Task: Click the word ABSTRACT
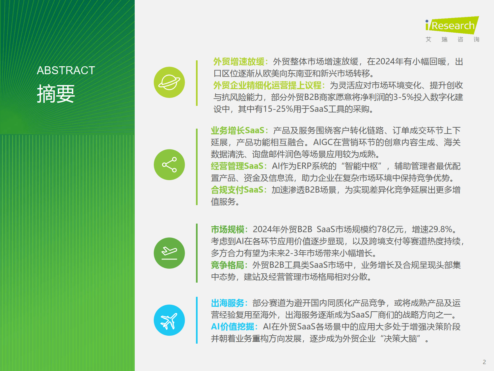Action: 66,70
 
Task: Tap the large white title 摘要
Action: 56,93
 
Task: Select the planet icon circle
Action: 169,82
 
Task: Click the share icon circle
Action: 169,165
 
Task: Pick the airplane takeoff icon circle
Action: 169,253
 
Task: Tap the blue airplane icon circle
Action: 169,320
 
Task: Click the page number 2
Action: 484,362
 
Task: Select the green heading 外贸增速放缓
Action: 239,61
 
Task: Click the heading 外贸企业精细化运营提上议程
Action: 267,85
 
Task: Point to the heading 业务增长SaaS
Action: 237,130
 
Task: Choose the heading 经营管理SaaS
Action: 237,166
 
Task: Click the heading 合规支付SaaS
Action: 237,190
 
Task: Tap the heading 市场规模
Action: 228,229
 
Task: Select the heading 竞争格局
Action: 228,265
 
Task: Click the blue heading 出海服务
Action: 228,303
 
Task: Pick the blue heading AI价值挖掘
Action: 233,326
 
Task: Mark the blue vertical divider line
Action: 197,320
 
